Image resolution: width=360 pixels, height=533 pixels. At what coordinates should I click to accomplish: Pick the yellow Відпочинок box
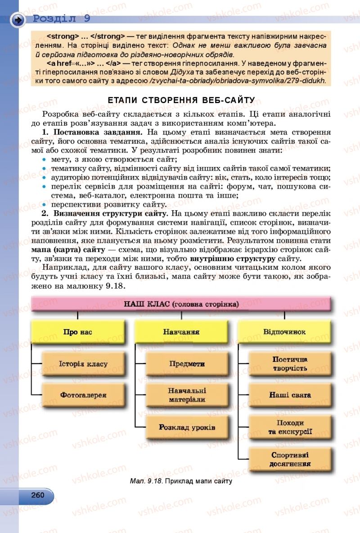coord(284,332)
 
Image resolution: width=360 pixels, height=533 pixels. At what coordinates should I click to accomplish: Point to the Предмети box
coord(187,363)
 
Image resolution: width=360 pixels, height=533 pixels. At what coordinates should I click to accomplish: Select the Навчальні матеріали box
coord(187,395)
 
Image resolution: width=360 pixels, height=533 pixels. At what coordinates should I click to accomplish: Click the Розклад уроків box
coord(187,427)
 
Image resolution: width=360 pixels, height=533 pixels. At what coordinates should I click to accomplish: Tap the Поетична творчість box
coord(290,364)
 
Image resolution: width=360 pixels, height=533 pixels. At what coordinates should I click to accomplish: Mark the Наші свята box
coord(290,395)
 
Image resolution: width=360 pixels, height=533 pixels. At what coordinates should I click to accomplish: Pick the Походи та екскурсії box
coord(290,427)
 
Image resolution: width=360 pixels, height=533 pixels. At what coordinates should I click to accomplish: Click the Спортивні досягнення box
coord(290,459)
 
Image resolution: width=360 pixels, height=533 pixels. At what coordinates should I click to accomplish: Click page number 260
coord(38,495)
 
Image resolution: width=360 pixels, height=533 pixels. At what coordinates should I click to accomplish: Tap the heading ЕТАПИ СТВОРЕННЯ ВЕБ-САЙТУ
coord(181,100)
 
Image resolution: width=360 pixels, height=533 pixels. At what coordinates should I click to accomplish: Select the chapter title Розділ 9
coord(62,18)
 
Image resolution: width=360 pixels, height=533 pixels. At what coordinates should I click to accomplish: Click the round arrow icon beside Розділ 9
coord(18,20)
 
